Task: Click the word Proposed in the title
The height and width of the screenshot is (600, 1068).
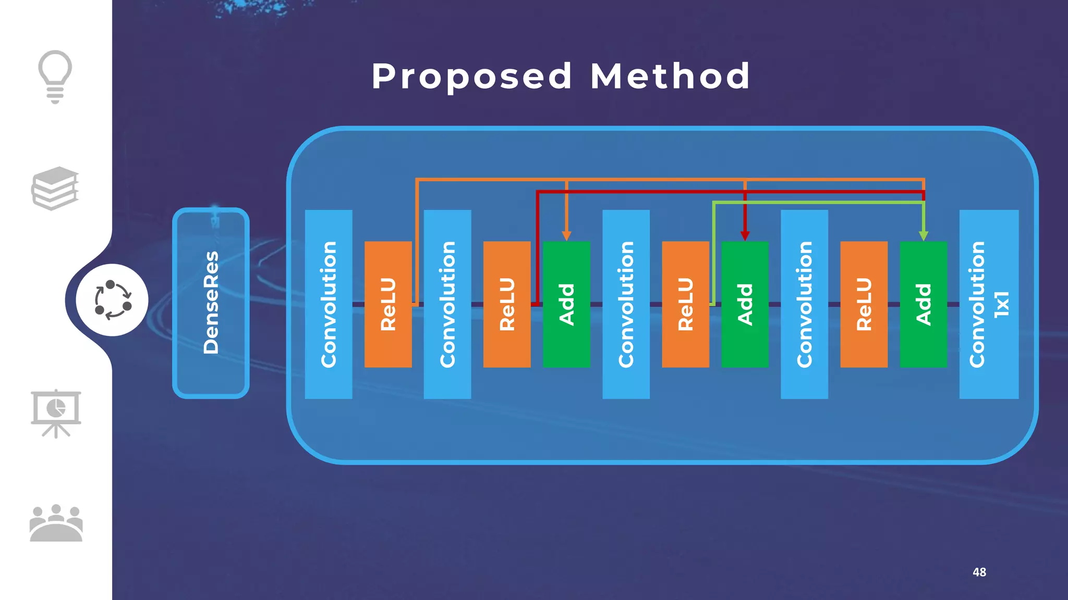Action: tap(472, 76)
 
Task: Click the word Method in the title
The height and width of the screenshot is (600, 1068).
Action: tap(670, 76)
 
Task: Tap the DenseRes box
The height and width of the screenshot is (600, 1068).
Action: tap(211, 303)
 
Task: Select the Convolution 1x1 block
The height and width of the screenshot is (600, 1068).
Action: tap(989, 304)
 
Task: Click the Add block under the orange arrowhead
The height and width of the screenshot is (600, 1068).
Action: tap(566, 304)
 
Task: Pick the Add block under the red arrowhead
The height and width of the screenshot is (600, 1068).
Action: tap(745, 304)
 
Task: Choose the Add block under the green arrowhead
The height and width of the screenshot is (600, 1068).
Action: tap(923, 304)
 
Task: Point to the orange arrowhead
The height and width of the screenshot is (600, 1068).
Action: tap(566, 236)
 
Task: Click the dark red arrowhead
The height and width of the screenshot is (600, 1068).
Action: tap(745, 236)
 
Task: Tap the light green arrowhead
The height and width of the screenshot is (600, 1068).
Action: tap(923, 236)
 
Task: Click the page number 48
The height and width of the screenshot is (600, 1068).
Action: tap(979, 572)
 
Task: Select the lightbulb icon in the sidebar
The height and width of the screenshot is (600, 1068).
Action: tap(55, 76)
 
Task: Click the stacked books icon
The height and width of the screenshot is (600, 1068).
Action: tap(55, 188)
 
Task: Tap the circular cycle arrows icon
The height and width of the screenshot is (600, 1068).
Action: tap(113, 300)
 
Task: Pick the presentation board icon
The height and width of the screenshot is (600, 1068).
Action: tap(56, 413)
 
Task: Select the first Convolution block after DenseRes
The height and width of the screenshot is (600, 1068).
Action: tap(329, 304)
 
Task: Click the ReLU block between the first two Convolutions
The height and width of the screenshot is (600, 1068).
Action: tap(388, 304)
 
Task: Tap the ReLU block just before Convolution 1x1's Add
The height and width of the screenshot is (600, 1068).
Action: tap(864, 304)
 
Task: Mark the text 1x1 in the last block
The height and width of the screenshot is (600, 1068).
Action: tap(1002, 304)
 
